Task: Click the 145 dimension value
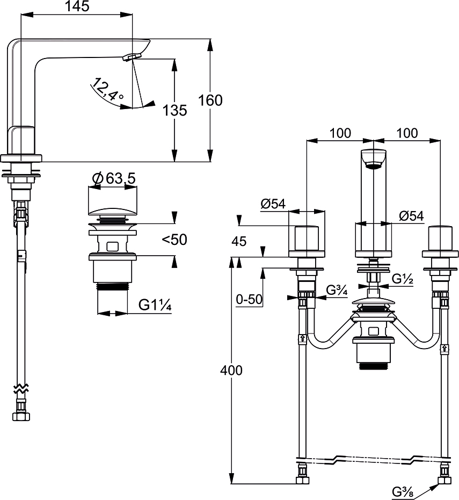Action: tap(77, 6)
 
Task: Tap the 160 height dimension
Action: tap(210, 100)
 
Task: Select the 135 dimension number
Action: tap(174, 110)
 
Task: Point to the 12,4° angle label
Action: tap(107, 89)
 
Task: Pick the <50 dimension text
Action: tap(174, 240)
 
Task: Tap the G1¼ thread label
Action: tap(155, 306)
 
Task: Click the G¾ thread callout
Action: tap(337, 291)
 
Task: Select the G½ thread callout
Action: tap(402, 279)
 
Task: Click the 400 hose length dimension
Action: tap(231, 370)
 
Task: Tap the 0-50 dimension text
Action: tap(249, 299)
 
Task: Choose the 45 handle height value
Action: tap(239, 241)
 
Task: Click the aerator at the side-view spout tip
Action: tap(131, 57)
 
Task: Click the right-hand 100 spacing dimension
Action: tap(407, 133)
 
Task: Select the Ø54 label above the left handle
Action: tap(273, 204)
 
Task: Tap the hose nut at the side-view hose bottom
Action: tap(21, 416)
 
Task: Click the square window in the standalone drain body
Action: tap(112, 247)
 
